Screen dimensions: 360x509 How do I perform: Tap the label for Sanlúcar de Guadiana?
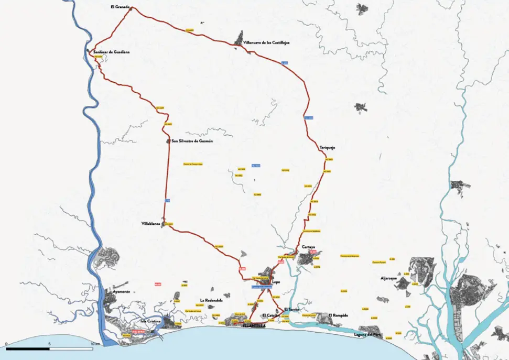111,52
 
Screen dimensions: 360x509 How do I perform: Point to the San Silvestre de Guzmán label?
192,141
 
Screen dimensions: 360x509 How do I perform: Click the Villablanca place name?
151,224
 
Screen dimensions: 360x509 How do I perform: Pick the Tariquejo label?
327,148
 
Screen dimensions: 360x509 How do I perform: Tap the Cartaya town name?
308,246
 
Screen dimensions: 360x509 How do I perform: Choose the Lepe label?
276,281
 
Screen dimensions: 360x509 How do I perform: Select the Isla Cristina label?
150,320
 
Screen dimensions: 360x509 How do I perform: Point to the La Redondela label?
211,300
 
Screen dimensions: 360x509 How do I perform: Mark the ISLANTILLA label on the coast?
254,325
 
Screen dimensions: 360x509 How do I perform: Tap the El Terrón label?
291,309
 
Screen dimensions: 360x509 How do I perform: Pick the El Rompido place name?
338,315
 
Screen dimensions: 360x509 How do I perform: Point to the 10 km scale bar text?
95,344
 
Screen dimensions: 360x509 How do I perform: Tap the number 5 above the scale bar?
49,344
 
